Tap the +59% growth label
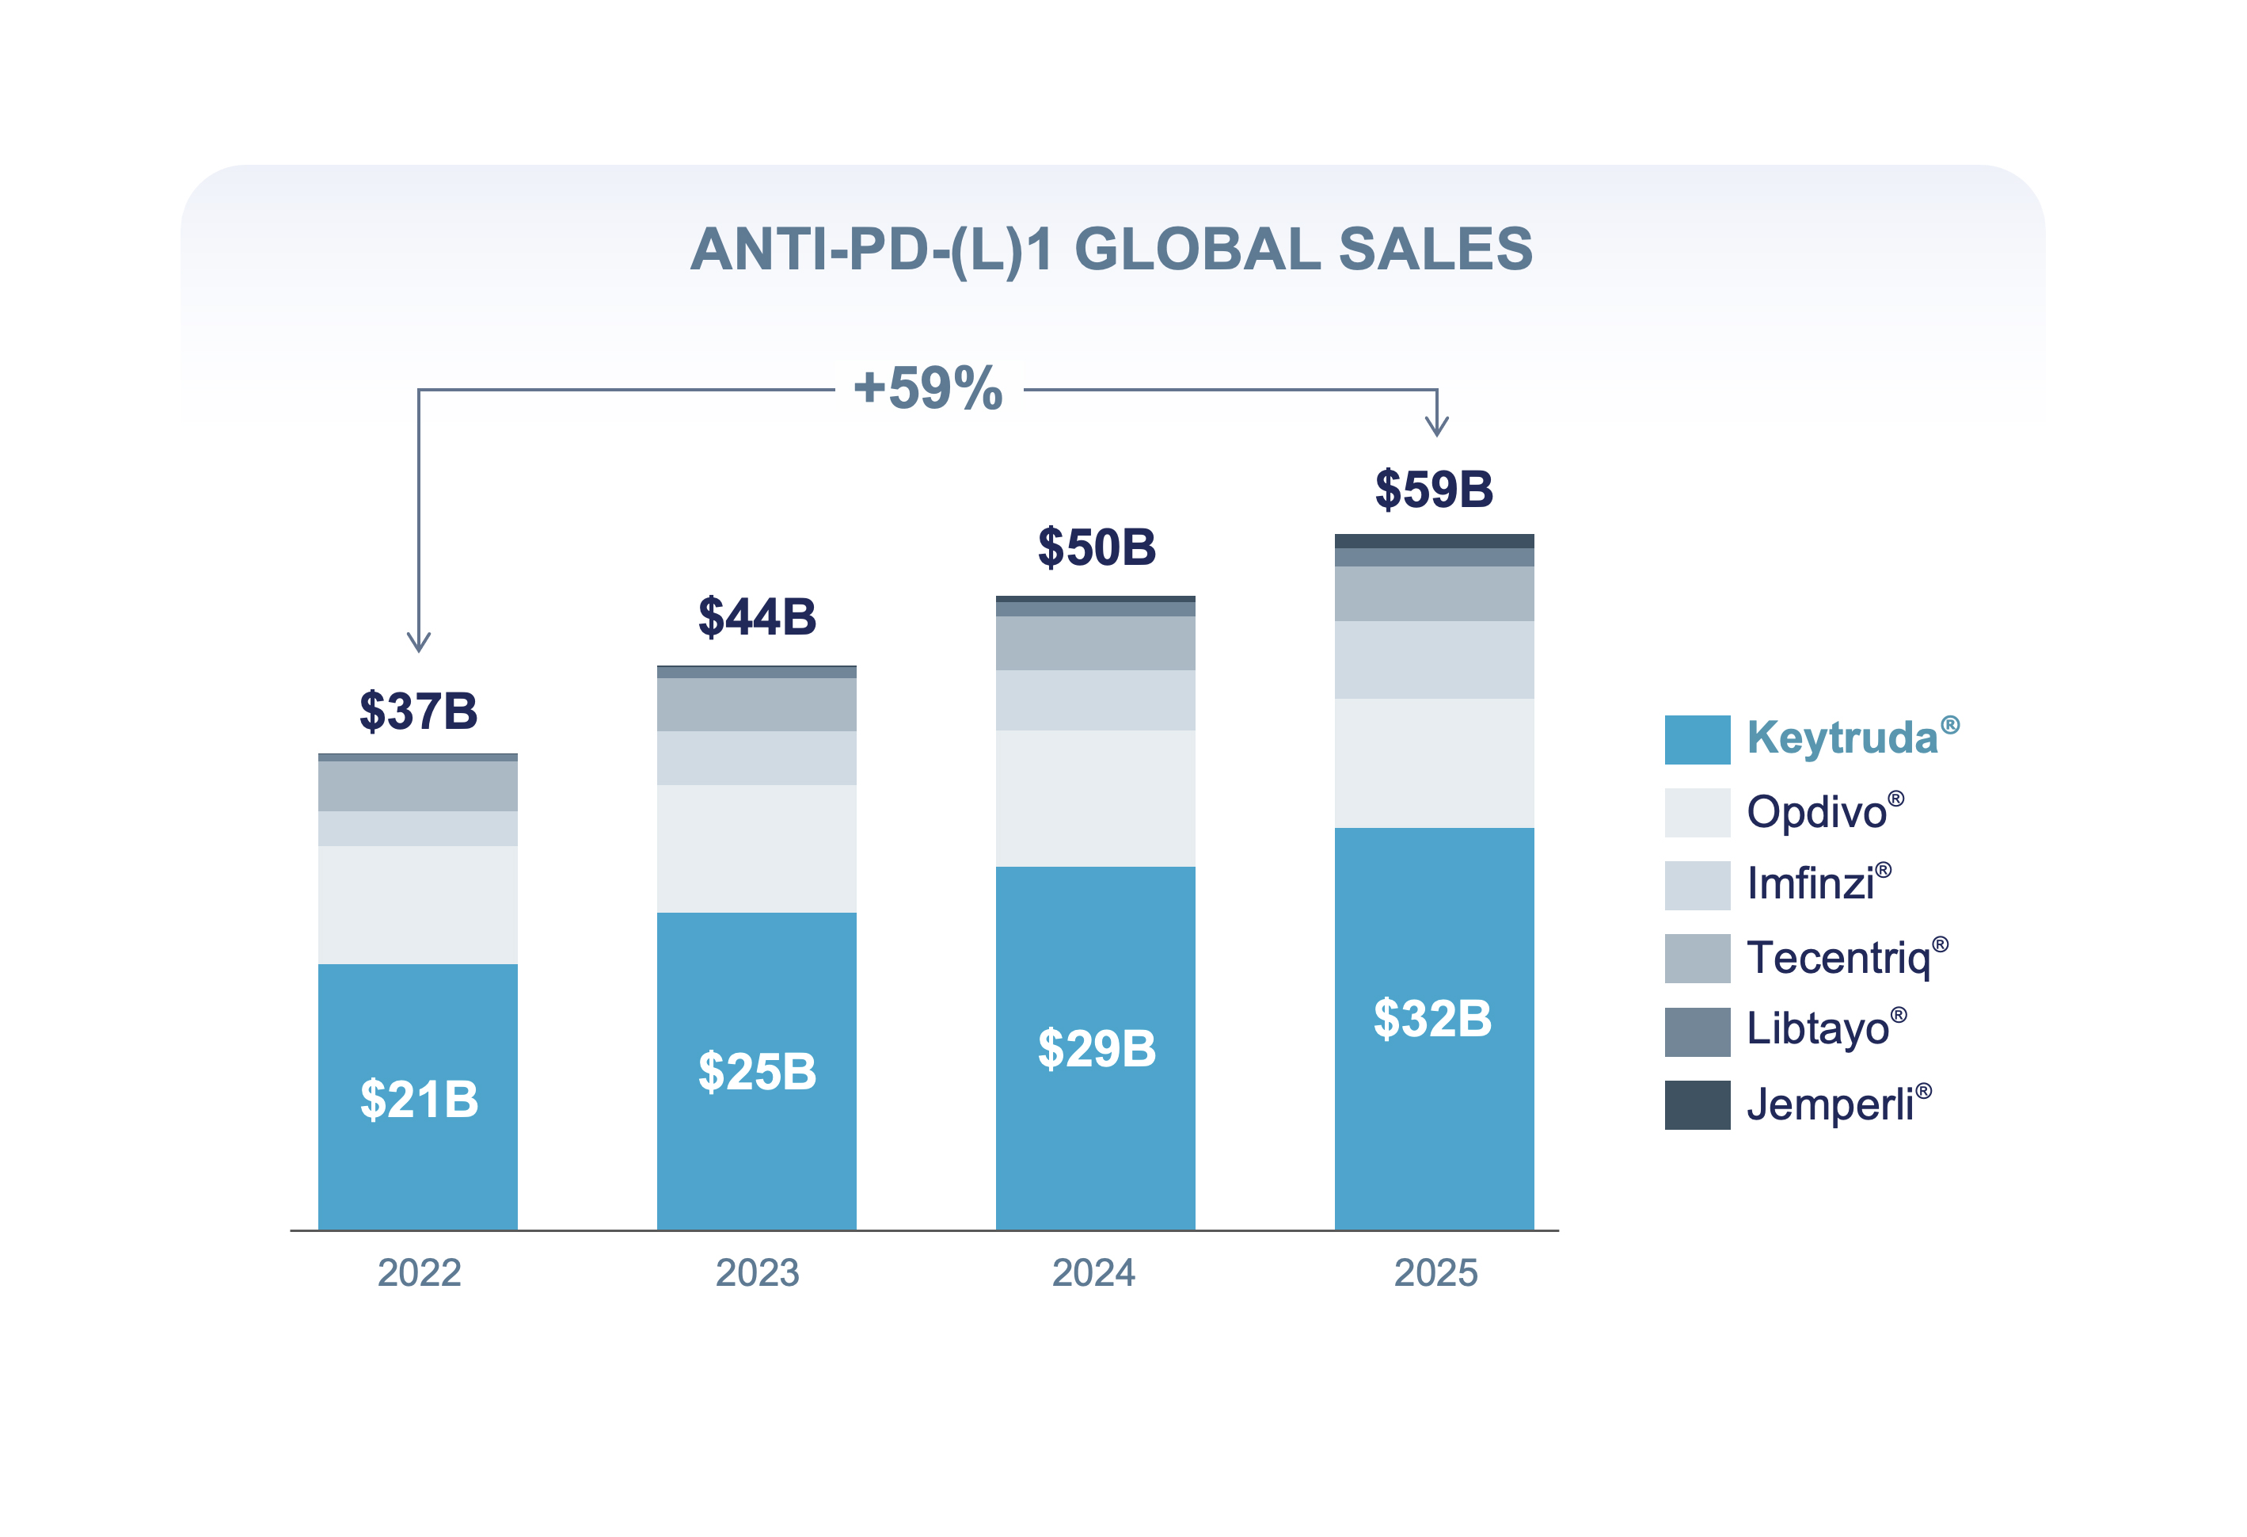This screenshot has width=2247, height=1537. [x=928, y=389]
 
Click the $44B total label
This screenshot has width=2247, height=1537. [x=757, y=617]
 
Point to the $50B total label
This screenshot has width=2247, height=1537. [x=1097, y=547]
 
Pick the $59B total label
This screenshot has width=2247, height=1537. [x=1434, y=490]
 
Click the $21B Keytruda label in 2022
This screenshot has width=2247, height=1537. [x=419, y=1100]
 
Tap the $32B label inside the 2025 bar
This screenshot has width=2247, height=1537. [x=1433, y=1019]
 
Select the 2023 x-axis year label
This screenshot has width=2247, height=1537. [x=757, y=1273]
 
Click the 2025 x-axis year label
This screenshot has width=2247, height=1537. [x=1435, y=1273]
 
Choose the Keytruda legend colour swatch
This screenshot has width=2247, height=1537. [x=1697, y=740]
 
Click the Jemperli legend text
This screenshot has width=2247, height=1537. [x=1831, y=1104]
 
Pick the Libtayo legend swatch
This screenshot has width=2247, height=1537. [x=1697, y=1032]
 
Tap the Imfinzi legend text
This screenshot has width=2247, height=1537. [x=1811, y=884]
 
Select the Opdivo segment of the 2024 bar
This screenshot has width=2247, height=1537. [x=1096, y=798]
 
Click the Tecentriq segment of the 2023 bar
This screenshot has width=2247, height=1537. [x=756, y=704]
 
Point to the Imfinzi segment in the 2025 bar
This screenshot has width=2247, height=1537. [x=1434, y=660]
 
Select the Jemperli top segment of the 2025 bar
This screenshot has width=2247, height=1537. [x=1434, y=540]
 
